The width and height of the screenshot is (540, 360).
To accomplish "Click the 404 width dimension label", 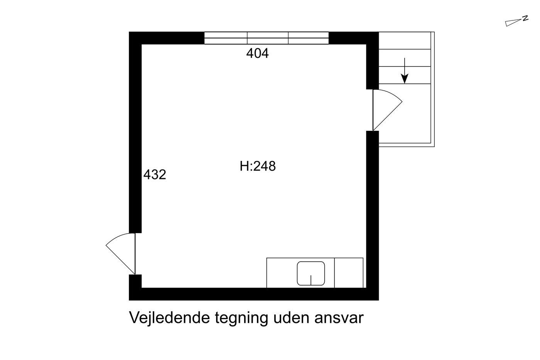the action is pos(257,53).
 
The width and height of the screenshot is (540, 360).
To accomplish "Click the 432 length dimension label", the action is pos(155,174).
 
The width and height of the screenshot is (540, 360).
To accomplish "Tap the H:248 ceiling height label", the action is pos(258,166).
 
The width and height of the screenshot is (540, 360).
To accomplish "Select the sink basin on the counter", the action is pos(311,274).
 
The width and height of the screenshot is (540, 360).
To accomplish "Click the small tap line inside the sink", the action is pos(311,280).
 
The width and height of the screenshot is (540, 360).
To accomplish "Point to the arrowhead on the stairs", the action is pos(405,79).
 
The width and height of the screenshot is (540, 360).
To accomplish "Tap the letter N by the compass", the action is pos(525,18).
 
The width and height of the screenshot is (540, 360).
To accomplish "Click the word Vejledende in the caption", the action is pos(169,318).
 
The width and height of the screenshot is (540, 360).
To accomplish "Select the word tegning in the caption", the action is pos(241,319).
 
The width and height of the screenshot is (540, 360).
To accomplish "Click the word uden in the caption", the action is pos(291,318).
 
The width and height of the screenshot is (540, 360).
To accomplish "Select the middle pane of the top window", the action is pos(268,38).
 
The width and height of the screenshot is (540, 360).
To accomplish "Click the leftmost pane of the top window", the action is pos(226,38).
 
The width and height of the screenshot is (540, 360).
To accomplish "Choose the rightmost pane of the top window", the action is pos(308,38).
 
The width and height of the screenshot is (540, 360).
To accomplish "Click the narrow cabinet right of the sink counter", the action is pos(349,273).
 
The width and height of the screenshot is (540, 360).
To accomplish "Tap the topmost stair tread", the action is pos(405,41).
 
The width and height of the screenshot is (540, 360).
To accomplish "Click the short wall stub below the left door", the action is pos(135,281).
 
